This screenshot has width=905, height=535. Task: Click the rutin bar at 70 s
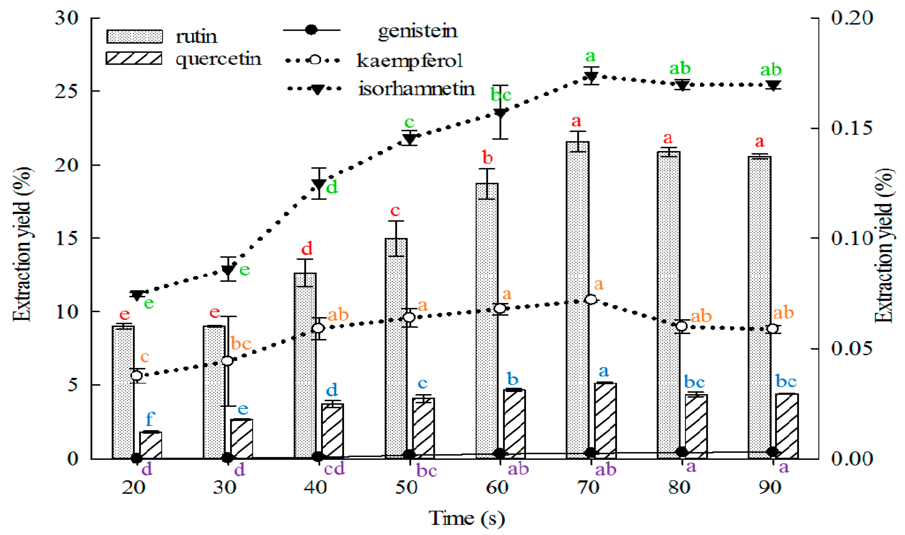(x=578, y=299)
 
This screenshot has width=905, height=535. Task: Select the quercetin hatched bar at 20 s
(x=151, y=445)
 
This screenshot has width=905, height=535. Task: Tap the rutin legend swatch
(x=135, y=36)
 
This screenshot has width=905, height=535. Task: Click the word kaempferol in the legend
(x=409, y=61)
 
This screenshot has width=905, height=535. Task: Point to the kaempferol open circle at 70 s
(x=591, y=299)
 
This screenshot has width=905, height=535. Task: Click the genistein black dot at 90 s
(x=773, y=452)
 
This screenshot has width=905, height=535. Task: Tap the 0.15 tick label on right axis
(x=852, y=128)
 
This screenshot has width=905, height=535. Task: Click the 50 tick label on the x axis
(x=406, y=488)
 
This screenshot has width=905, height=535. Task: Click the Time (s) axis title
(x=467, y=518)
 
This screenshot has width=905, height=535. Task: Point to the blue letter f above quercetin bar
(x=150, y=419)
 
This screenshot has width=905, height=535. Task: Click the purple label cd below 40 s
(x=334, y=469)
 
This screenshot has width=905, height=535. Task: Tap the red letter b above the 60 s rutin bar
(x=487, y=157)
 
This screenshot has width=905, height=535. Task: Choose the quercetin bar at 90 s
(x=787, y=426)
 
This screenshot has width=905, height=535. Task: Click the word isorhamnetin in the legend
(x=416, y=89)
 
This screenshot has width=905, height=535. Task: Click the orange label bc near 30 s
(x=241, y=343)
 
